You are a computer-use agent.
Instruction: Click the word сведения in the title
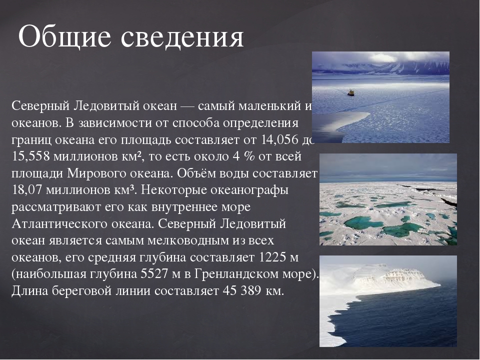(x=182, y=37)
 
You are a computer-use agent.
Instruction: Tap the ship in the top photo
(x=350, y=92)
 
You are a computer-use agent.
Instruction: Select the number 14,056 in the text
(x=280, y=139)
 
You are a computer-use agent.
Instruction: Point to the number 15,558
(x=30, y=156)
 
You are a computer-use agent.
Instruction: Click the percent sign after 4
(x=249, y=156)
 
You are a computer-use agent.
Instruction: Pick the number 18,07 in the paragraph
(x=26, y=190)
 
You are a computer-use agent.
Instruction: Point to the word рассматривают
(x=56, y=207)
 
